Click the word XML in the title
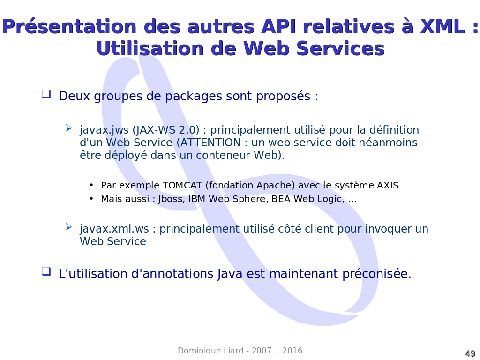tap(442, 26)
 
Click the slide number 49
tap(470, 353)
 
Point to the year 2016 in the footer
tap(292, 351)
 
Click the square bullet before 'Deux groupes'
tap(46, 94)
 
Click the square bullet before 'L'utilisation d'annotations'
tap(46, 271)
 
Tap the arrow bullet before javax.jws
tap(69, 128)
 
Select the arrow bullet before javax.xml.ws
tap(69, 227)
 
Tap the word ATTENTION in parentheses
tap(210, 142)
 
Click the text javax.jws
tap(104, 130)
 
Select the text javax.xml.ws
tap(114, 229)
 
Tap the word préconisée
tap(376, 274)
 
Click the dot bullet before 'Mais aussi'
tap(91, 199)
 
